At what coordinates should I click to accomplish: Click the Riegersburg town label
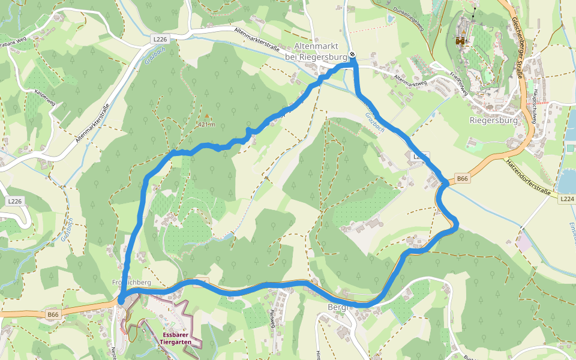(x=494, y=119)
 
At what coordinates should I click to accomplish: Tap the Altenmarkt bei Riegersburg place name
(x=316, y=52)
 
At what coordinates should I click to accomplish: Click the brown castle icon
(x=461, y=41)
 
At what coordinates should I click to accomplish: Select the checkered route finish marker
(x=353, y=55)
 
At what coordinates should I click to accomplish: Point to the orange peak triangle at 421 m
(x=207, y=116)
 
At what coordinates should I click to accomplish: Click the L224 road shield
(x=566, y=199)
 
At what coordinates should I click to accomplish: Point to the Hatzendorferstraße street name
(x=528, y=179)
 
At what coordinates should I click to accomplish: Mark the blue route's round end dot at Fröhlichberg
(x=121, y=300)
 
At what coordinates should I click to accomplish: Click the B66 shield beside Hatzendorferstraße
(x=461, y=178)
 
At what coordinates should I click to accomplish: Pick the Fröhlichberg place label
(x=131, y=282)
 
